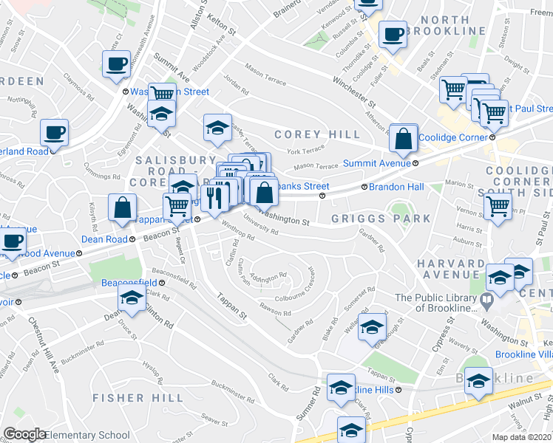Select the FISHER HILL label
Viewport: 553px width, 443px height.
pos(138,398)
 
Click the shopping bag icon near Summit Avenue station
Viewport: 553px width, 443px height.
pos(404,138)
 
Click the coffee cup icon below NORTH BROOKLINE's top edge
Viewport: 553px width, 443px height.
pos(393,34)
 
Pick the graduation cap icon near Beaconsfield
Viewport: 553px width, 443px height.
pos(132,299)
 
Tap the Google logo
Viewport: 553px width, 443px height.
pos(25,433)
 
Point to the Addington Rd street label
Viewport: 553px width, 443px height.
pos(268,277)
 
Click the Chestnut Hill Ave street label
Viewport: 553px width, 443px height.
pos(43,346)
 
